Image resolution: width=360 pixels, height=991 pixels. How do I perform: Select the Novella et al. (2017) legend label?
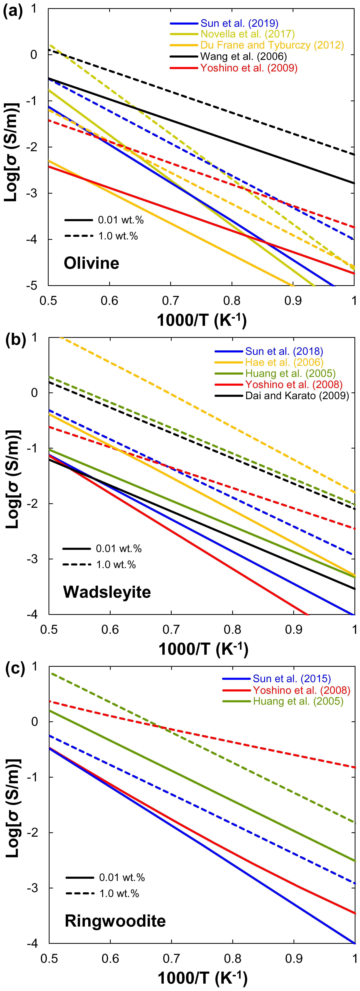click(x=247, y=34)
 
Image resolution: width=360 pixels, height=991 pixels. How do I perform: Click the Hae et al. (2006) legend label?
click(x=284, y=362)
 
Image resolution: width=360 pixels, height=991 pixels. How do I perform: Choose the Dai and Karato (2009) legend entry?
click(x=297, y=396)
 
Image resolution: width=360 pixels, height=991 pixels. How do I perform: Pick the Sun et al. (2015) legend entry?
click(x=292, y=679)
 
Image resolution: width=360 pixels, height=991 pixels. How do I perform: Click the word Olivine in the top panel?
click(x=92, y=263)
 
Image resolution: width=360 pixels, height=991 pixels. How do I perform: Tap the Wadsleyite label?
click(x=107, y=592)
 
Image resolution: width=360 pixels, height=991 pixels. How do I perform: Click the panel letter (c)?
click(x=15, y=669)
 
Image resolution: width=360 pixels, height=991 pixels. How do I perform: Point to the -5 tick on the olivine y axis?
click(x=32, y=285)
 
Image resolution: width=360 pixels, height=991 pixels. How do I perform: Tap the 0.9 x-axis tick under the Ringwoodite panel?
click(x=294, y=958)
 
